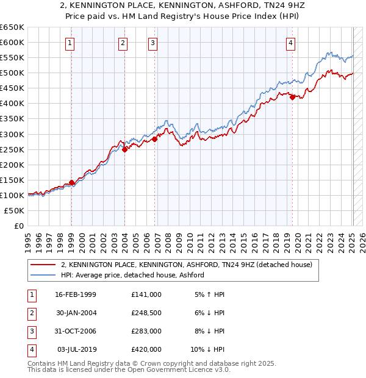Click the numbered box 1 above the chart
[x=71, y=43]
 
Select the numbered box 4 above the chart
[x=292, y=43]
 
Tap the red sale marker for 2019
[x=292, y=97]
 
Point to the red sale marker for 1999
[x=71, y=182]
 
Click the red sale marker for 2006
[x=155, y=139]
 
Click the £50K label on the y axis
[x=14, y=210]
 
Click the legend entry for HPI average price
[x=132, y=275]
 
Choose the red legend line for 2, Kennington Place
[x=43, y=265]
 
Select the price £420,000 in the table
[x=146, y=349]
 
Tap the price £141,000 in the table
[x=146, y=294]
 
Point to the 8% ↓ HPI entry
[x=208, y=331]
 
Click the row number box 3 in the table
[x=30, y=331]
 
